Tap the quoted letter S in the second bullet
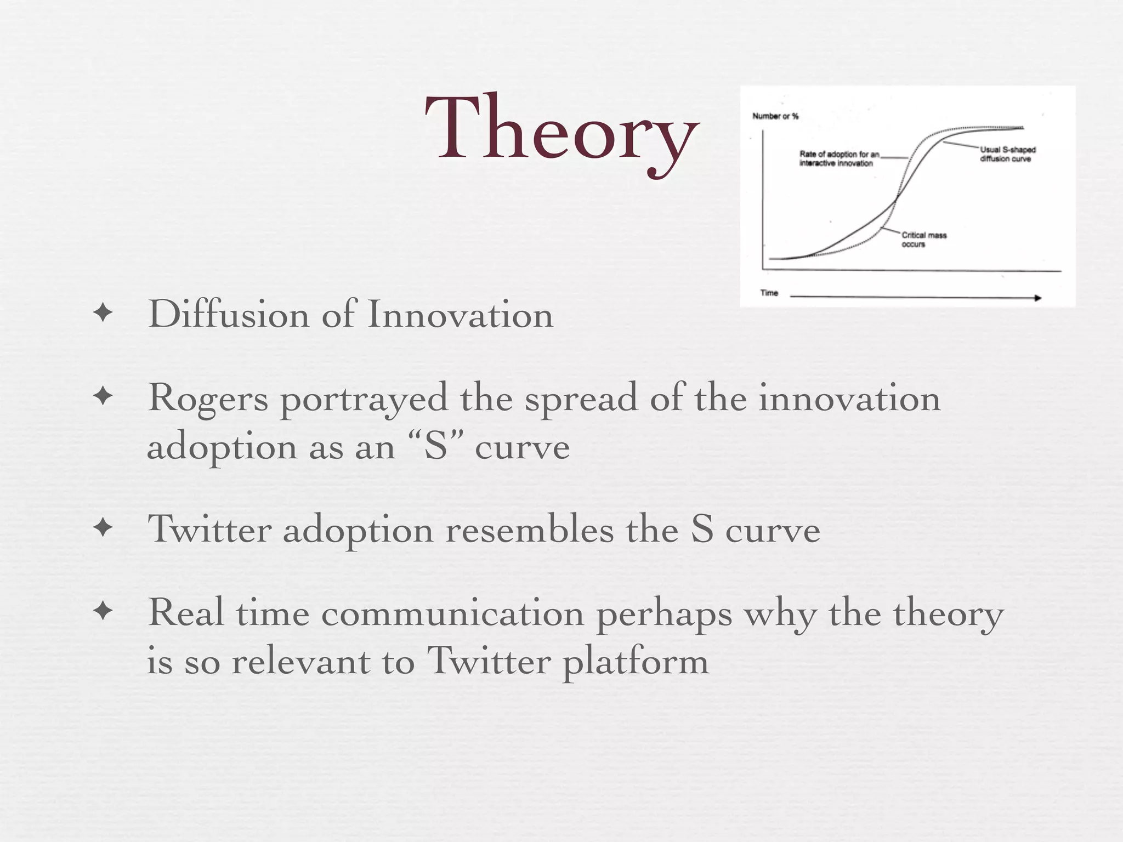click(436, 446)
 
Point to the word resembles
click(529, 531)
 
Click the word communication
click(452, 613)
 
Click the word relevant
click(300, 662)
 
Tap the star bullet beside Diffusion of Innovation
click(103, 314)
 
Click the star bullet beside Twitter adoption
click(103, 528)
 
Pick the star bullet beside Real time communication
click(103, 611)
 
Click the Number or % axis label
click(775, 116)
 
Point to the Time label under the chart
click(769, 293)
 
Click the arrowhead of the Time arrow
click(1037, 298)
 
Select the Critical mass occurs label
click(923, 240)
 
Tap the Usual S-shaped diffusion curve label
click(1007, 154)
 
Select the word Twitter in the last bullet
click(488, 662)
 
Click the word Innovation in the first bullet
click(461, 315)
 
